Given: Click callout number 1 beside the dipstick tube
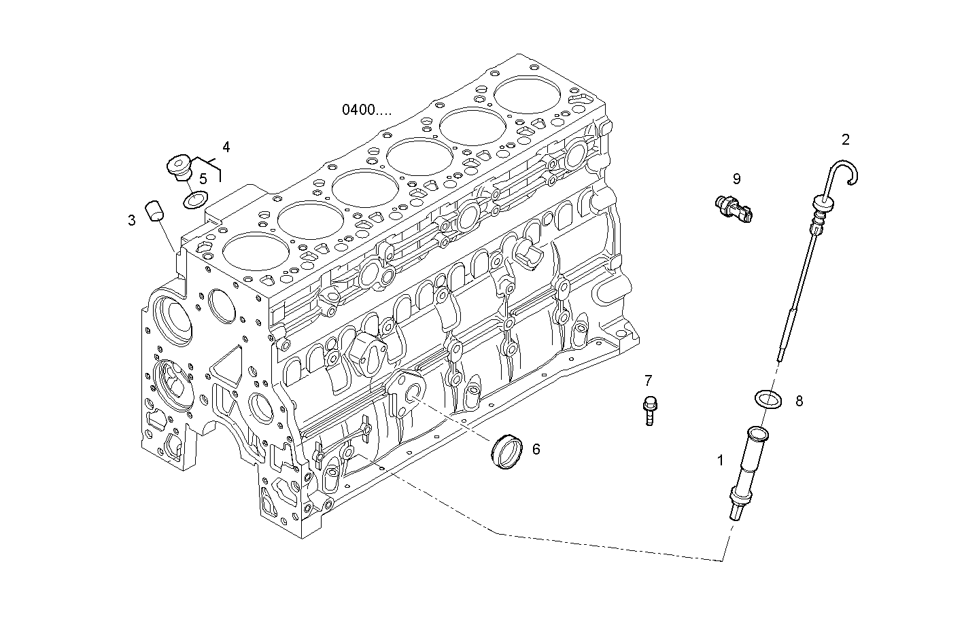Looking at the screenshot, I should pos(721,460).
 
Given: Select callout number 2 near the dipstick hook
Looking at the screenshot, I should pos(846,140).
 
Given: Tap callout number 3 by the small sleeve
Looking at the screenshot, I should pos(131,220).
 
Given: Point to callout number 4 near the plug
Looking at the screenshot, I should pos(226,147).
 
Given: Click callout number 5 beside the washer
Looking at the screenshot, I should pos(203,179).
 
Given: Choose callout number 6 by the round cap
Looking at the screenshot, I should pos(536,449).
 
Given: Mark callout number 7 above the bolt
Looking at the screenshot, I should pos(648,380).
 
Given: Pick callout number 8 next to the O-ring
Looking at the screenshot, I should pos(799,402).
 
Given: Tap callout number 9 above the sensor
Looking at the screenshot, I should pos(736,179).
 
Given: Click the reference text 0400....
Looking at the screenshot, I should pos(366,109).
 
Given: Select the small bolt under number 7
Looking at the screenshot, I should pos(649,410).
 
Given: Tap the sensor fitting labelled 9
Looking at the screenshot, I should pos(736,208).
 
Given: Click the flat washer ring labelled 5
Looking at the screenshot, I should pos(195,200).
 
